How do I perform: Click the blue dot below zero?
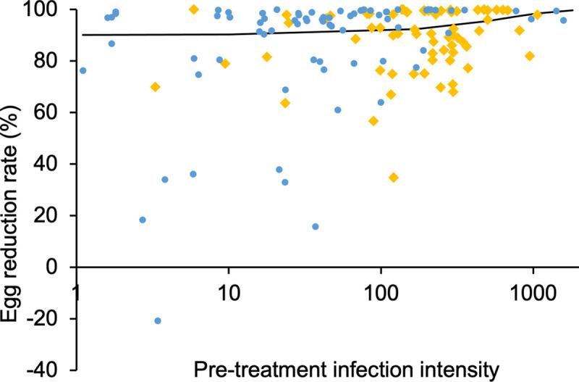(157, 320)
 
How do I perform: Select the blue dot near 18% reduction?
(143, 220)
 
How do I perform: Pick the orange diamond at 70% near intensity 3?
(155, 87)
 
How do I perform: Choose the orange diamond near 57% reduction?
(373, 121)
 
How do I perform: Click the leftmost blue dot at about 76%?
(83, 70)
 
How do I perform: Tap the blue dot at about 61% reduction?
(338, 110)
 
